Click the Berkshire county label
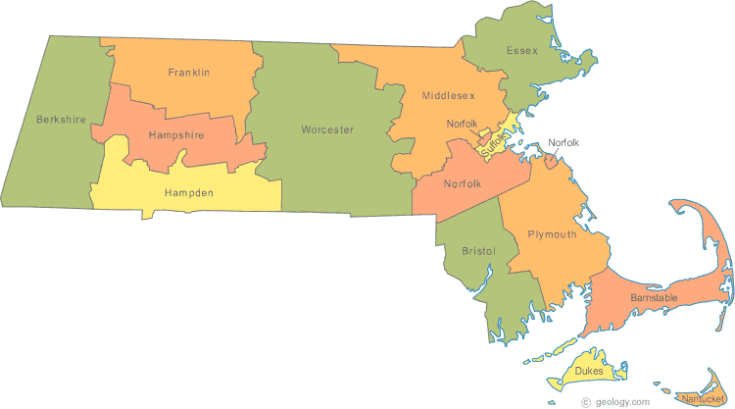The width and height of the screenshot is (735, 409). [62, 120]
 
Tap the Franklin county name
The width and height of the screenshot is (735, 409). [189, 73]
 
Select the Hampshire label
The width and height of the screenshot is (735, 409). [176, 134]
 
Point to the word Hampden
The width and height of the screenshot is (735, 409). [189, 193]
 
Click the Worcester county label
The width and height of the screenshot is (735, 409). [327, 129]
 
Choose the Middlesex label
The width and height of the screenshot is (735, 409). [449, 96]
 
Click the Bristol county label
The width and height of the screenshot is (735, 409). [478, 252]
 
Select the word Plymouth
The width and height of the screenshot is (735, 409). [552, 234]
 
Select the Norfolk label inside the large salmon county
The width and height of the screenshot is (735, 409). [462, 183]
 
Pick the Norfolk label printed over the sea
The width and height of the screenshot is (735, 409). [563, 143]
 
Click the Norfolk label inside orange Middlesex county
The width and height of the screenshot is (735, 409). [462, 123]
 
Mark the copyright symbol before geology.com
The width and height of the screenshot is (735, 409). [585, 401]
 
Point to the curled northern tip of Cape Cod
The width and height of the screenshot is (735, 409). [677, 205]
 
